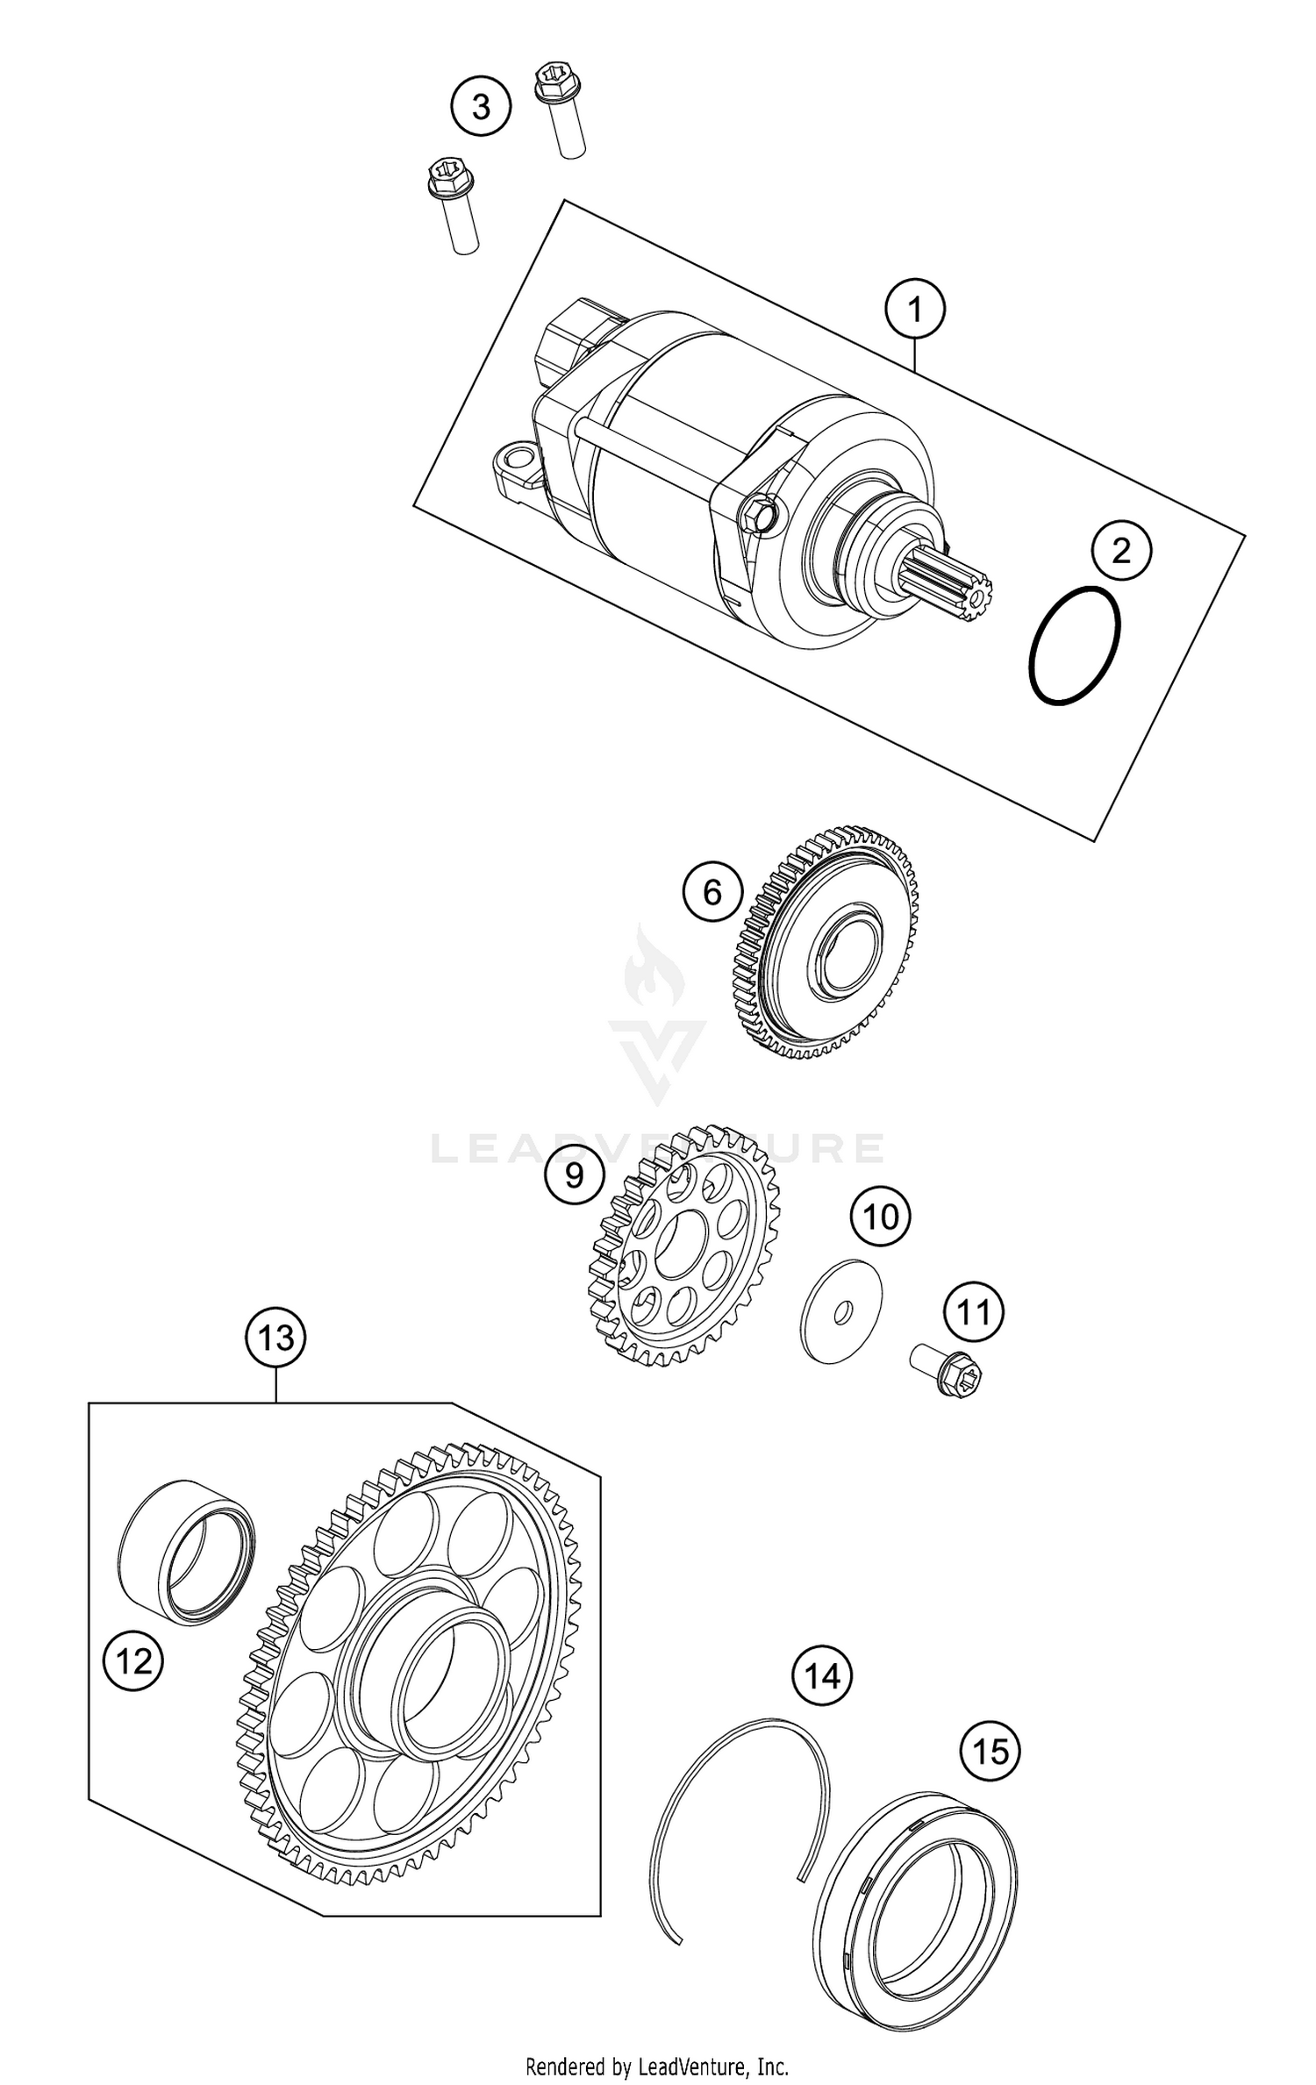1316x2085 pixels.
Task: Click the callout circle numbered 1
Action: [x=915, y=310]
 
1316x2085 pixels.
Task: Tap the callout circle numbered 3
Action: [x=481, y=107]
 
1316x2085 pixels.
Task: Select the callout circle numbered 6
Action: [x=712, y=893]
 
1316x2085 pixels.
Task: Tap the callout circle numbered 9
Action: [x=574, y=1175]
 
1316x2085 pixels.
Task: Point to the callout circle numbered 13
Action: [x=275, y=1339]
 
